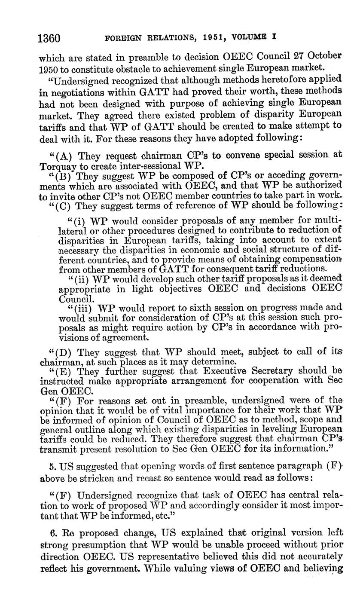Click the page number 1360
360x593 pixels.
[51, 38]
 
